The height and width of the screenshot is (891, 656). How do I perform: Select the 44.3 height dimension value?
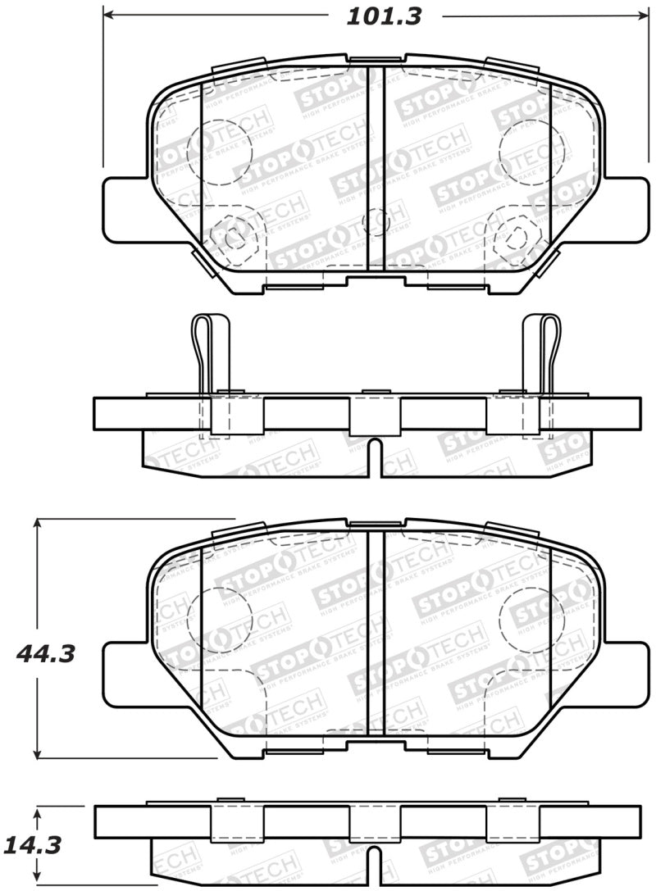(47, 653)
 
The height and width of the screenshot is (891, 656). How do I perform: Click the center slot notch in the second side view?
(374, 457)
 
